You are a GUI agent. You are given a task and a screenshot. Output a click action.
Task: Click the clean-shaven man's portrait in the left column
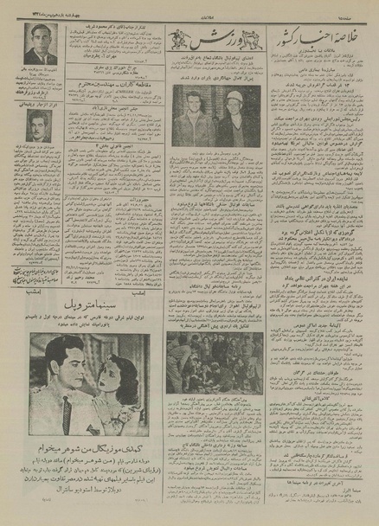point(40,44)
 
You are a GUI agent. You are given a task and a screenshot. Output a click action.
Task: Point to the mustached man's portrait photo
point(38,126)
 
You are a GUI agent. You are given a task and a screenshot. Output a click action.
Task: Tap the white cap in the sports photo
point(233,97)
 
